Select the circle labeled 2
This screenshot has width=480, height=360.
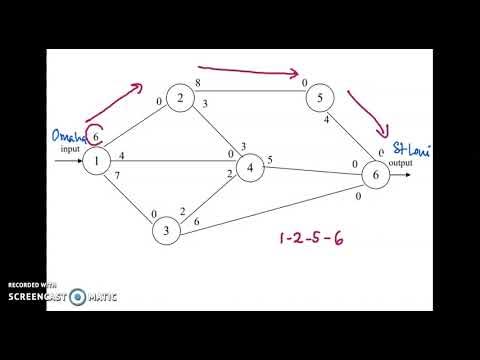tap(181, 98)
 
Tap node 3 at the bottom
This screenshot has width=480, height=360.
tap(167, 231)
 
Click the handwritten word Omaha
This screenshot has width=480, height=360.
tap(70, 135)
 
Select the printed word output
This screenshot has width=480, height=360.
tap(400, 164)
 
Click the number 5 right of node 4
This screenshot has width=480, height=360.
tap(269, 160)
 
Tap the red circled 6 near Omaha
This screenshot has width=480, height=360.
tap(97, 135)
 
